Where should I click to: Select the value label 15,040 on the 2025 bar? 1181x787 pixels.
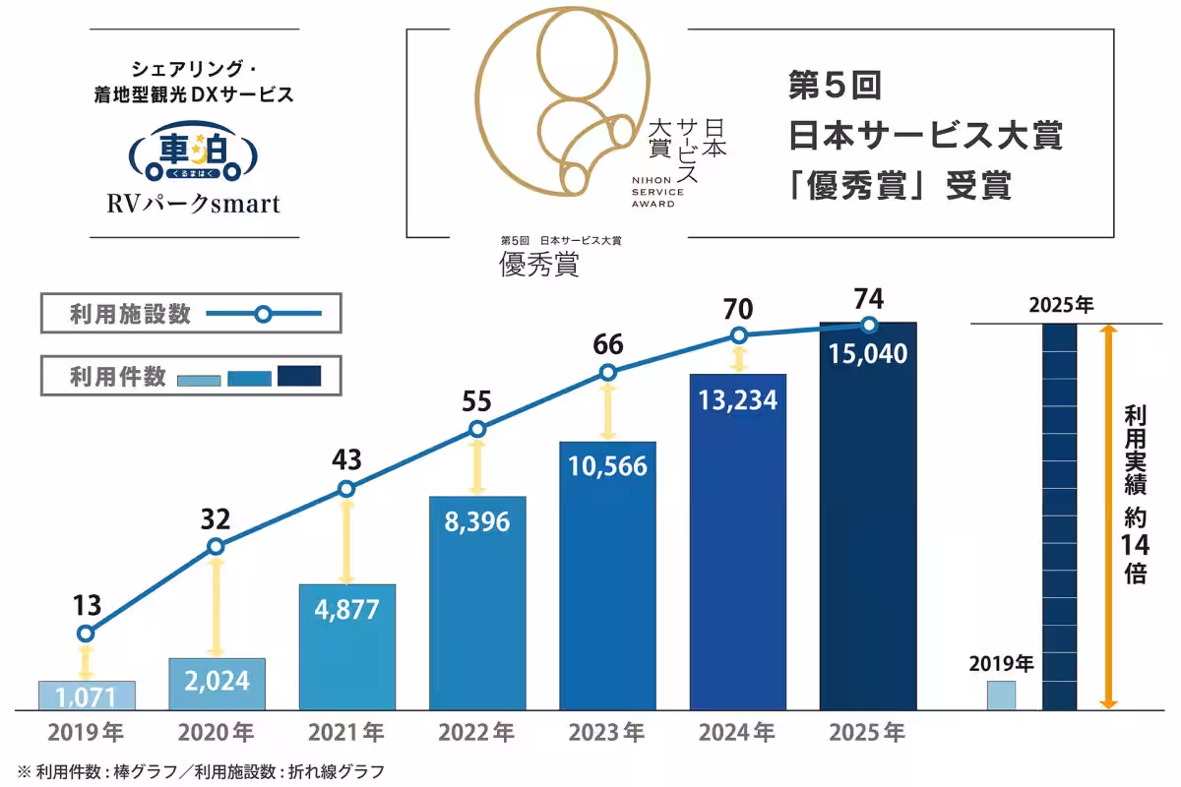coord(868,353)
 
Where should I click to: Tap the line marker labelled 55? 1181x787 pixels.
coord(477,429)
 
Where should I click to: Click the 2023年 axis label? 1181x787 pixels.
coord(607,733)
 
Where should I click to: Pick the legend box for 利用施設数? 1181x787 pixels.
coord(191,315)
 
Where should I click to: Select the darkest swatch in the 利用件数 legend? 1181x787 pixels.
coord(299,376)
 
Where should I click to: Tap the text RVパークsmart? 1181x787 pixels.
coord(194,204)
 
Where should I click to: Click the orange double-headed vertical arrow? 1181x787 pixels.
coord(1108,516)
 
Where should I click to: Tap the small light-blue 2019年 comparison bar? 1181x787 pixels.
coord(1001,695)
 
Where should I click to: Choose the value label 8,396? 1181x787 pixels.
coord(476,521)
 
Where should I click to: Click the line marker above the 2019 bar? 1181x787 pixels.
coord(86,634)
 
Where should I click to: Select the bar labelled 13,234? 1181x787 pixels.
coord(737,541)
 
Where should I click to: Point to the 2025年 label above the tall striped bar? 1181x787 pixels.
coord(1060,304)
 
